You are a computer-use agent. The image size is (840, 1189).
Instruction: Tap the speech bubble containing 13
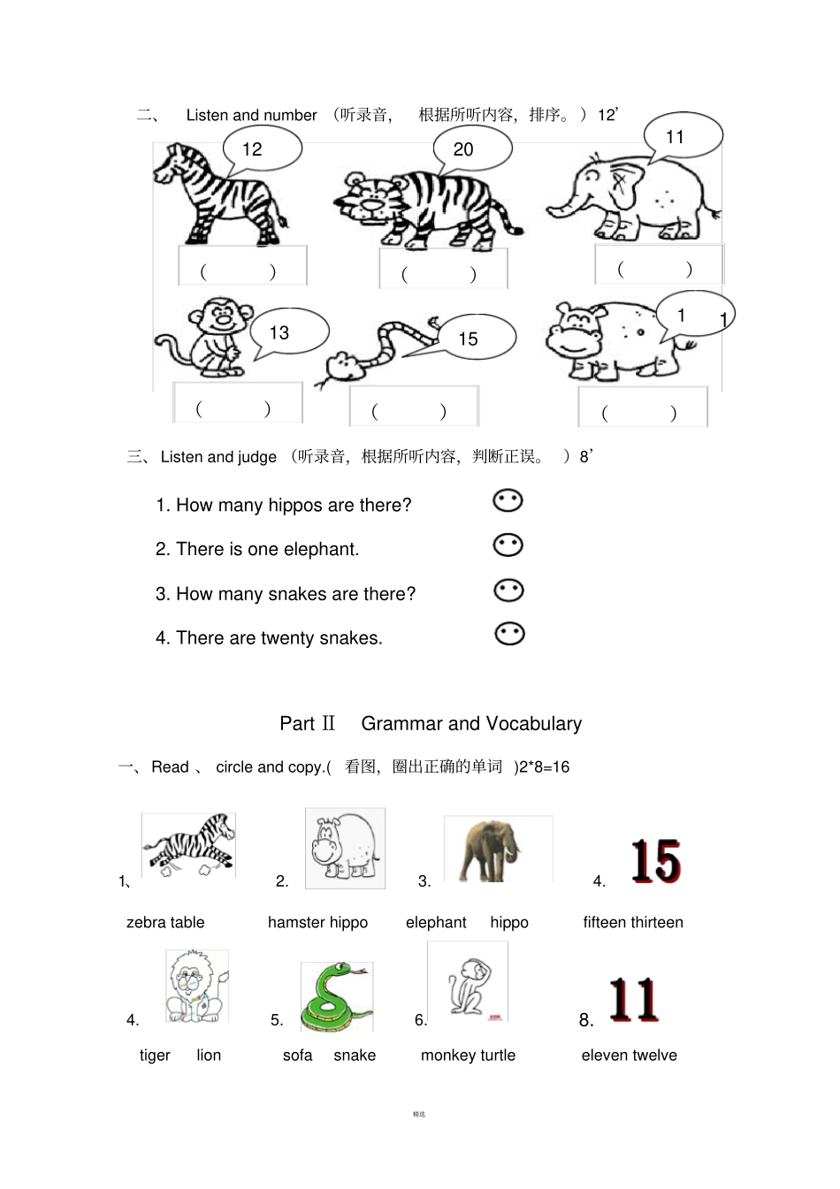coord(288,332)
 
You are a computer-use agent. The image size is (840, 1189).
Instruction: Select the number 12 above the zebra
coord(252,149)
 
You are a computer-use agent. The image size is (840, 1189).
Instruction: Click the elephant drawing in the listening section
coord(632,200)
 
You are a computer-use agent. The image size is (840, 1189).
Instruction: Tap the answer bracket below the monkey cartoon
coord(233,408)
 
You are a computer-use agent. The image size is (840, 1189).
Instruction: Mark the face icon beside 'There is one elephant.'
coord(508,545)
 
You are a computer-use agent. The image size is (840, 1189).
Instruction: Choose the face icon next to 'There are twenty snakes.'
coord(509,634)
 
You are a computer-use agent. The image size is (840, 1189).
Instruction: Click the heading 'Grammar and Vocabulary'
coord(471,723)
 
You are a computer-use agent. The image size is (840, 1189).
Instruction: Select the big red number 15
coord(655,862)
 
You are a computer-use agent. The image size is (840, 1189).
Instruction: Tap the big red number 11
coord(633,1000)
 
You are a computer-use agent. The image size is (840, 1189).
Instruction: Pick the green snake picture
coord(336,996)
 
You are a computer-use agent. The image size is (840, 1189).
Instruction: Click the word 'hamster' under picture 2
coord(295,922)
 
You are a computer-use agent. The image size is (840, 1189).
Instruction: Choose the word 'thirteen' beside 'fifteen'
coord(658,922)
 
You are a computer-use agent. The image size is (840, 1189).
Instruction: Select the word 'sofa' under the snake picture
coord(297,1055)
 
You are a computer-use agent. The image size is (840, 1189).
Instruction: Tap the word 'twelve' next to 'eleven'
coord(655,1055)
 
